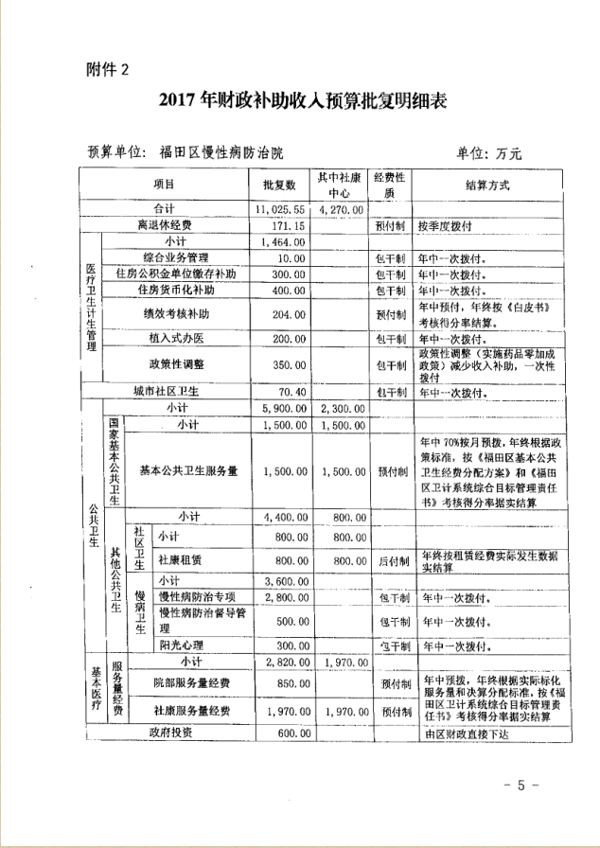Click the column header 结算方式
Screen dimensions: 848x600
pyautogui.click(x=487, y=184)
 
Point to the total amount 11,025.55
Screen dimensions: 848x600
pyautogui.click(x=279, y=209)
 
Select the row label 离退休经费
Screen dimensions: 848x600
pyautogui.click(x=165, y=225)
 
